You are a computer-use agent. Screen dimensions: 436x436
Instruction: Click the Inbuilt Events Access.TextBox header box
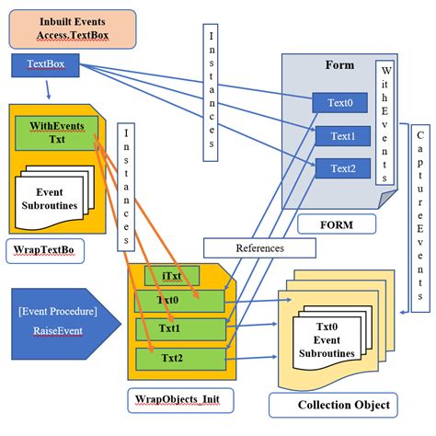(71, 29)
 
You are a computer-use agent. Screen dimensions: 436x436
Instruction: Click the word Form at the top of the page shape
(338, 66)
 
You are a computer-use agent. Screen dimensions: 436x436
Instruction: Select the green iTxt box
(171, 276)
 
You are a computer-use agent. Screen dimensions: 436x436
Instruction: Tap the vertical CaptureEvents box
(419, 220)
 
